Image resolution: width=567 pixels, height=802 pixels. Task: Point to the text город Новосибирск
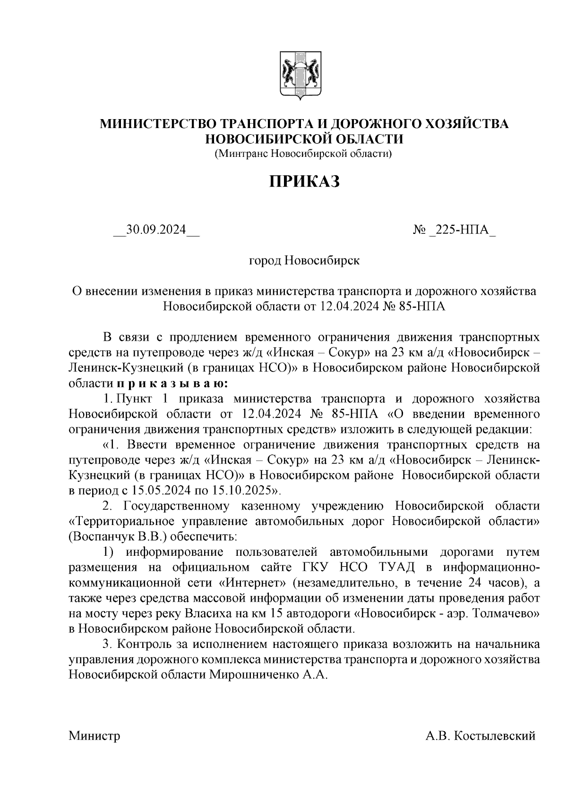304,260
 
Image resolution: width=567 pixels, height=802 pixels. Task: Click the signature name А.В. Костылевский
480,736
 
